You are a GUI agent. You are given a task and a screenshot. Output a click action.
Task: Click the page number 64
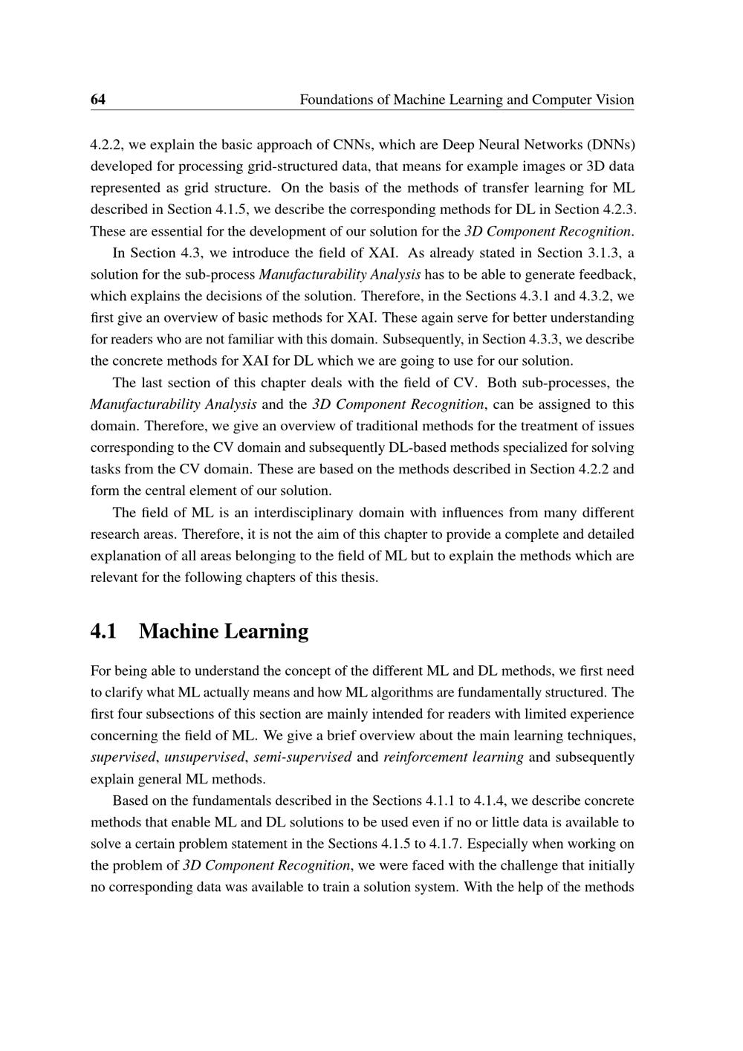coord(98,100)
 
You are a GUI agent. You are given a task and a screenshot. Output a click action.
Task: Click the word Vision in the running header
coord(614,100)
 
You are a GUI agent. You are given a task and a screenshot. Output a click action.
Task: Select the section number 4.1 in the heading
coord(103,631)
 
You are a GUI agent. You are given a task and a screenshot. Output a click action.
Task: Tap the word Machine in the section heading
coord(178,631)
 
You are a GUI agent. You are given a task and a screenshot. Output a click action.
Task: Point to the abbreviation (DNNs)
coord(610,143)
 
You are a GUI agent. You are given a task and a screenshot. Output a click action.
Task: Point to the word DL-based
coord(415,448)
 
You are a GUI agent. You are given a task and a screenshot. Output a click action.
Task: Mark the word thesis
coord(359,578)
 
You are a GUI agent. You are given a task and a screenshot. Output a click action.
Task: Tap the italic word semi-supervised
coord(302,757)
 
